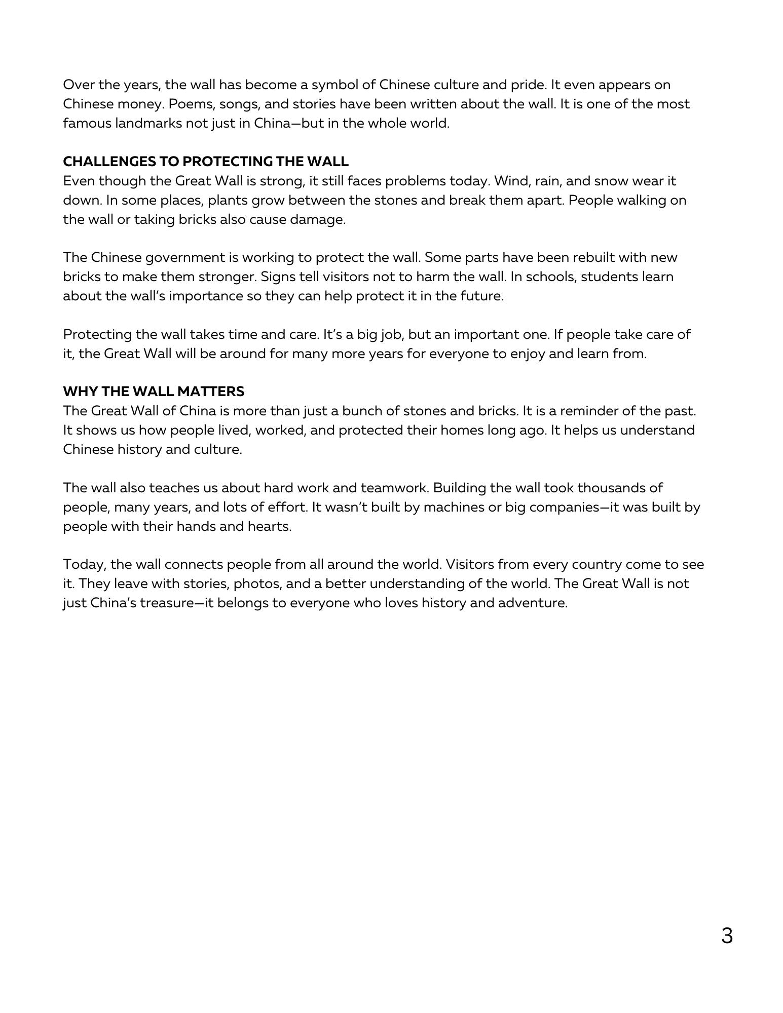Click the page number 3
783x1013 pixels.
coord(726,936)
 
